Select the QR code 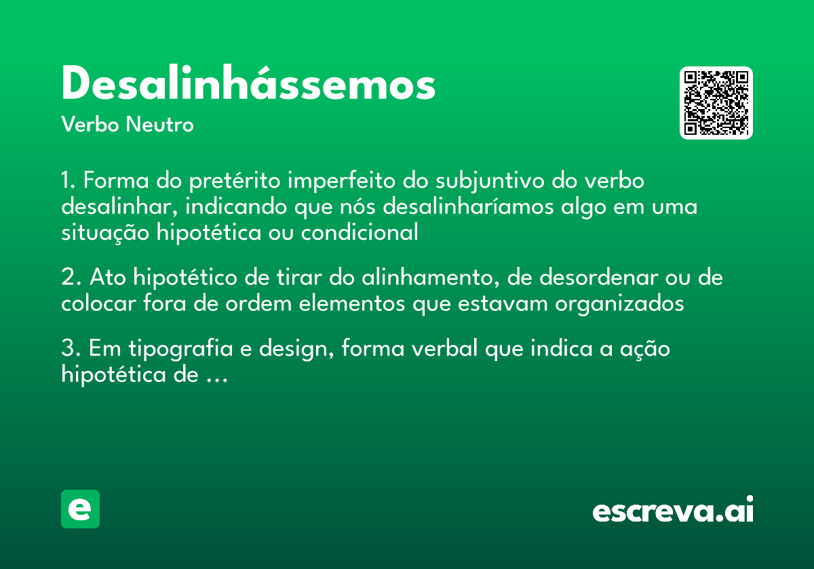pyautogui.click(x=716, y=103)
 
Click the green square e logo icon pyautogui.click(x=80, y=509)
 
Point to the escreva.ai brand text pyautogui.click(x=673, y=511)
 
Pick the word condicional pyautogui.click(x=360, y=232)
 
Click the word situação pyautogui.click(x=105, y=232)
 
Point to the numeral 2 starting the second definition pyautogui.click(x=67, y=278)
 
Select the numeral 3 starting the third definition pyautogui.click(x=67, y=350)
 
